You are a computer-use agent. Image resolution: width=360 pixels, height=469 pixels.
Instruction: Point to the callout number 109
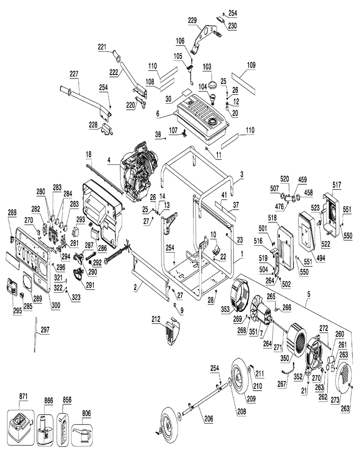point(251,66)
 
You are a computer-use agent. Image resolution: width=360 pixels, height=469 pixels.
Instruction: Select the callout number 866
point(49,400)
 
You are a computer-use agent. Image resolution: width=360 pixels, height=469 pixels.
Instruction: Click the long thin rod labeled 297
point(36,335)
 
